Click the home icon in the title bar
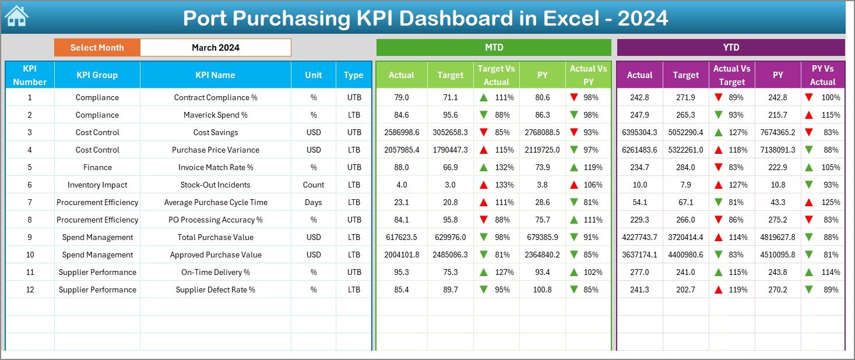click(16, 17)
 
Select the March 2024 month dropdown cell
click(216, 48)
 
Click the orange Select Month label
click(97, 48)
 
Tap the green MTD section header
click(494, 48)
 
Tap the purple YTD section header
click(730, 48)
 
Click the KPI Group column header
click(97, 75)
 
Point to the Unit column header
click(314, 75)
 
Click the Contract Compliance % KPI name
click(216, 98)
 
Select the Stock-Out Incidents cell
click(216, 185)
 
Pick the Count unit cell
click(314, 185)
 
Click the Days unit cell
click(314, 203)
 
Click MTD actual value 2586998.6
click(402, 133)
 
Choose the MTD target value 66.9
click(451, 168)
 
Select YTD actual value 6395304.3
click(639, 133)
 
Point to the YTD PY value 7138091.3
click(777, 150)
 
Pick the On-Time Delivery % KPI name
click(216, 273)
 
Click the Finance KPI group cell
click(97, 168)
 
